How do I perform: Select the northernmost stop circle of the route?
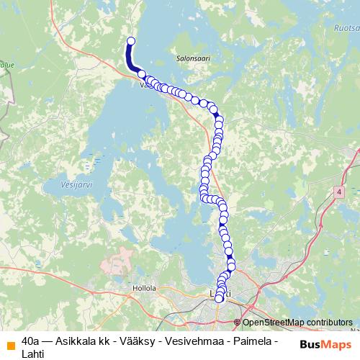[131, 41]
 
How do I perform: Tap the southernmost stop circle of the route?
[219, 298]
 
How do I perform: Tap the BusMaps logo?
[325, 343]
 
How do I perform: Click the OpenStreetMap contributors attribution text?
[297, 323]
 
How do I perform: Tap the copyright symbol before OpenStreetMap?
[237, 323]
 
